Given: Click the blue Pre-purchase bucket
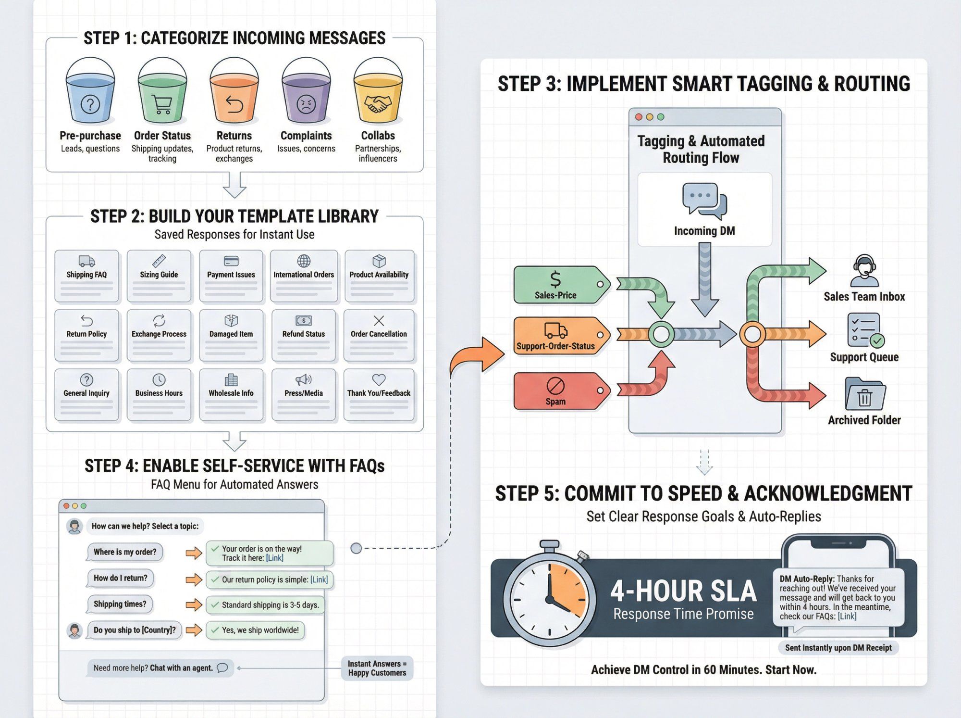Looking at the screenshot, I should pos(90,96).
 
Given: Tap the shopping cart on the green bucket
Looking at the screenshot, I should pos(162,104).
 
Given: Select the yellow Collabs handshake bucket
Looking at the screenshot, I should pos(378,96).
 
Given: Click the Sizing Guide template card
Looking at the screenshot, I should pos(159,276).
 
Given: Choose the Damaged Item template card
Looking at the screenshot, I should pos(231,335).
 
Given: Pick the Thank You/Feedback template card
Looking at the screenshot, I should pos(379,394).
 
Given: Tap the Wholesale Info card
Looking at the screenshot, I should pos(231,394).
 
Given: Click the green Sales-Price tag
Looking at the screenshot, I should pos(557,285).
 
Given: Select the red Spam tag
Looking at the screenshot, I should pos(557,391).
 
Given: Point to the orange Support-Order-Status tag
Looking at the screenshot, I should pos(557,336).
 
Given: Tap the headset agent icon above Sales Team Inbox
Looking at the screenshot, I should pos(864,271).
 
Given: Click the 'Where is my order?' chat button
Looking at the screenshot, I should pos(125,552).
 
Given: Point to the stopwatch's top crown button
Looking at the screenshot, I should pos(549,545).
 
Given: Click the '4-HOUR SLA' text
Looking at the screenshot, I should pos(683,592).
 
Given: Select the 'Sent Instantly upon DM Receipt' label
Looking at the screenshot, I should pos(838,648).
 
